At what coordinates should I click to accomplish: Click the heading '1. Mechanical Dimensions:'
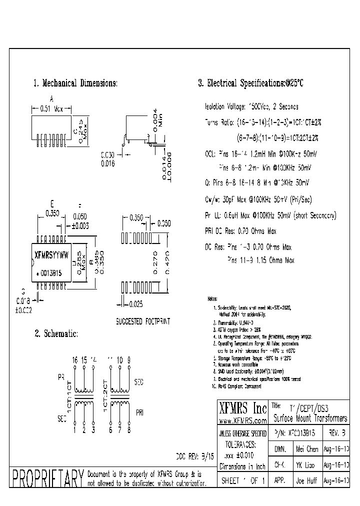(75, 83)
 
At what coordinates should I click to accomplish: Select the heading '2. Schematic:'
(56, 333)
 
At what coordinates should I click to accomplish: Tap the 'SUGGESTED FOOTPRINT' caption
(142, 321)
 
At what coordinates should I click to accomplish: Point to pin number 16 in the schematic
(75, 360)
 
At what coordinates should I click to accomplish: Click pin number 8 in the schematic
(129, 428)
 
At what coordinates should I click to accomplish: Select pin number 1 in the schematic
(75, 428)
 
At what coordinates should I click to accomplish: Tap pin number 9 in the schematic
(129, 360)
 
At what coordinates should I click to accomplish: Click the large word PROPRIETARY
(47, 478)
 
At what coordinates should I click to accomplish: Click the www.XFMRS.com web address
(243, 421)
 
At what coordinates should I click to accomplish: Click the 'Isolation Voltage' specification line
(251, 107)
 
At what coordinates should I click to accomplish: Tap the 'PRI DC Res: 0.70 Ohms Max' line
(240, 231)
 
